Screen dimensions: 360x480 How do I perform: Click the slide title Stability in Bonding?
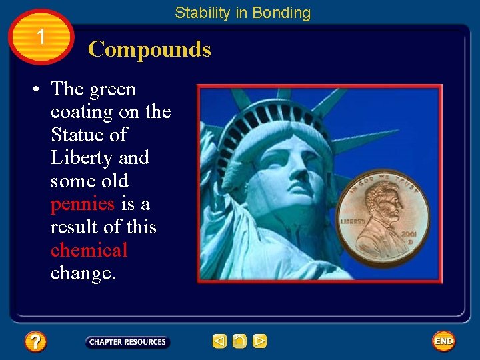[243, 13]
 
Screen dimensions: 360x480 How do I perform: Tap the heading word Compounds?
[149, 49]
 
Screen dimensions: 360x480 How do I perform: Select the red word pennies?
[83, 203]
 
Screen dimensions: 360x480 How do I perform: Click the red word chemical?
[89, 250]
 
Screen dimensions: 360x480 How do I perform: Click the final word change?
[83, 273]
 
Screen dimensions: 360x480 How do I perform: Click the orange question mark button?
[35, 342]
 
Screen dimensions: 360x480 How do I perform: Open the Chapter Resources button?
[127, 342]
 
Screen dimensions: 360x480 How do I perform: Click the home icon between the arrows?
[240, 341]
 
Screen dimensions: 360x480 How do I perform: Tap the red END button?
[443, 341]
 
